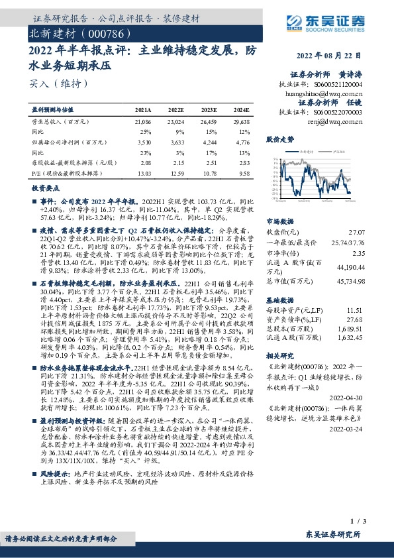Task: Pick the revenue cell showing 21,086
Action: pos(142,123)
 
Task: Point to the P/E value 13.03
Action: pos(143,174)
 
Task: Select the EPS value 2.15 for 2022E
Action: pos(176,162)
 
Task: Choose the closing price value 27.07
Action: pos(356,233)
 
